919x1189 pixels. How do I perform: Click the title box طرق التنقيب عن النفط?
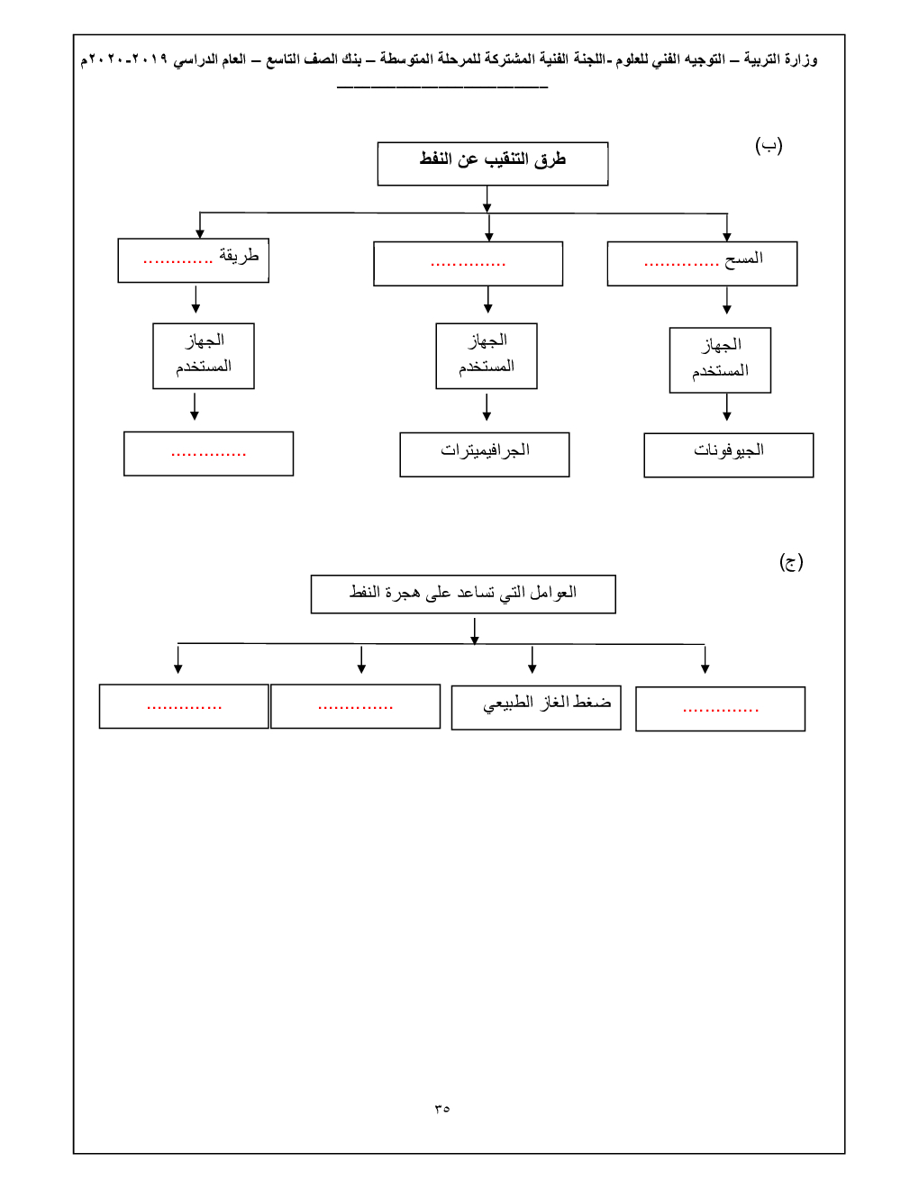click(x=492, y=163)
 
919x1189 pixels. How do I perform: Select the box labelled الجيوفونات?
click(x=728, y=454)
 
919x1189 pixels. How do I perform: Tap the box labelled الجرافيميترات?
click(x=484, y=453)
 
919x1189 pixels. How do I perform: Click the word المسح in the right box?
click(x=743, y=259)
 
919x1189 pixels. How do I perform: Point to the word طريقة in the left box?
click(x=239, y=256)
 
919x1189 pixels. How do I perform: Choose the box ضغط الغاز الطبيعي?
click(x=536, y=706)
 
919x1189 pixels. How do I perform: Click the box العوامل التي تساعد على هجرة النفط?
click(x=463, y=594)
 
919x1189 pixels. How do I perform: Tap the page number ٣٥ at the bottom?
click(x=441, y=1108)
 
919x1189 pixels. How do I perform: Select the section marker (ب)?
click(x=769, y=145)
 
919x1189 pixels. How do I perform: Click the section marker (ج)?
click(x=790, y=562)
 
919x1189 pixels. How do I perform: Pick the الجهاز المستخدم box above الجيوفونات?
click(x=720, y=359)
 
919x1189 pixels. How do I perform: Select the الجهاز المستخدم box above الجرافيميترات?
click(x=487, y=355)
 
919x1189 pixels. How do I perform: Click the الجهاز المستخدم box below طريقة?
click(x=204, y=355)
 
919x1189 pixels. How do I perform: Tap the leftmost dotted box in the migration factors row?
click(x=184, y=706)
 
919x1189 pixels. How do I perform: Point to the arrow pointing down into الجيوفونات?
click(x=727, y=408)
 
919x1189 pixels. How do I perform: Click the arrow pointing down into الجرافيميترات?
click(x=487, y=408)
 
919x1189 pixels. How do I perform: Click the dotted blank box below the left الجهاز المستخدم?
click(x=208, y=453)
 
